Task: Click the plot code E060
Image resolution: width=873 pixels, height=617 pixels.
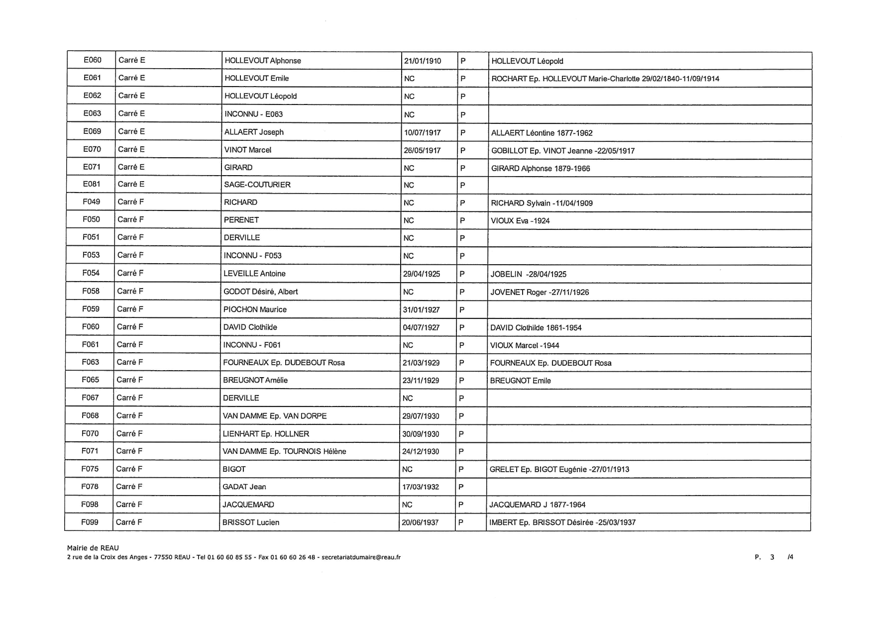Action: coord(92,60)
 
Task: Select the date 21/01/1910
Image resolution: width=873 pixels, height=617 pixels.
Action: coord(423,61)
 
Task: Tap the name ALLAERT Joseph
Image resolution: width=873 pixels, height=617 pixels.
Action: coord(254,132)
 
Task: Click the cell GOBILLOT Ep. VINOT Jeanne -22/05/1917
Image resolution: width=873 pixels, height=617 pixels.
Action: coord(562,151)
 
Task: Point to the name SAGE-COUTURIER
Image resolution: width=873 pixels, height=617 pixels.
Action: coord(257,185)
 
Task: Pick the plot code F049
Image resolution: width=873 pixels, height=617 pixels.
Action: coord(91,202)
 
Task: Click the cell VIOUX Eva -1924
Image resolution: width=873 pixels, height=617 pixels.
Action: coord(520,221)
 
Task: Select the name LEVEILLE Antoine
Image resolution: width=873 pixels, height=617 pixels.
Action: coord(254,274)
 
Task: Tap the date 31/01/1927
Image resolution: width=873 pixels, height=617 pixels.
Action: coord(421,309)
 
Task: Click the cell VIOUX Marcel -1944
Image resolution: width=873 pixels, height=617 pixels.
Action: coord(525,345)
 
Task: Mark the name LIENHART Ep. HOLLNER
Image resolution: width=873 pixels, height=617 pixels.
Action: coord(266,434)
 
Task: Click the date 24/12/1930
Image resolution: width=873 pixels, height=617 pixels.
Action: coord(421,451)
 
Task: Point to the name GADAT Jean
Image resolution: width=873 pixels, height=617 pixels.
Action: coord(244,487)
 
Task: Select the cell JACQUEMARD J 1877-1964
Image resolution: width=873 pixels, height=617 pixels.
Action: coord(538,505)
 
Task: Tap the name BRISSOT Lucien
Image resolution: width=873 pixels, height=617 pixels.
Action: coord(251,522)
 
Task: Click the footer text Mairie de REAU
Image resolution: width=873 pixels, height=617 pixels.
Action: coord(93,548)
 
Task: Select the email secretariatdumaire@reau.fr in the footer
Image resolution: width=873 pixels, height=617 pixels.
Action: coord(361,557)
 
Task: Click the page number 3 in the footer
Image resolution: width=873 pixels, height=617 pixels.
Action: coord(772,557)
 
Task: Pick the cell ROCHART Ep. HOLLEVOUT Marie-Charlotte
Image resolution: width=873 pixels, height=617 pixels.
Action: coord(605,79)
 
